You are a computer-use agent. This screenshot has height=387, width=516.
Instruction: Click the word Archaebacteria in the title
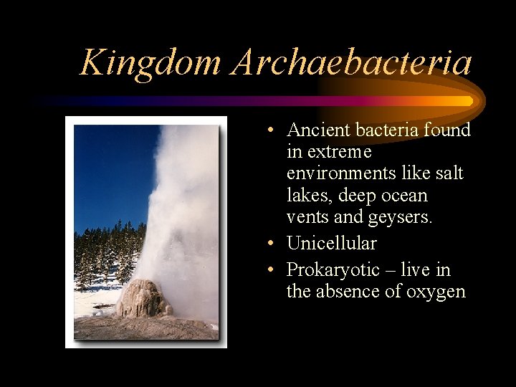click(352, 63)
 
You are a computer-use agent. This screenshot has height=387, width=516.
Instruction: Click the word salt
click(449, 174)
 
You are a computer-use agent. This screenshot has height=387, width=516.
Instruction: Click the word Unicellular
click(331, 244)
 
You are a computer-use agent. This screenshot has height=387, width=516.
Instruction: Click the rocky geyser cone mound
click(142, 299)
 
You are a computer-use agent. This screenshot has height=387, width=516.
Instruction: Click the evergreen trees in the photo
click(104, 251)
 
